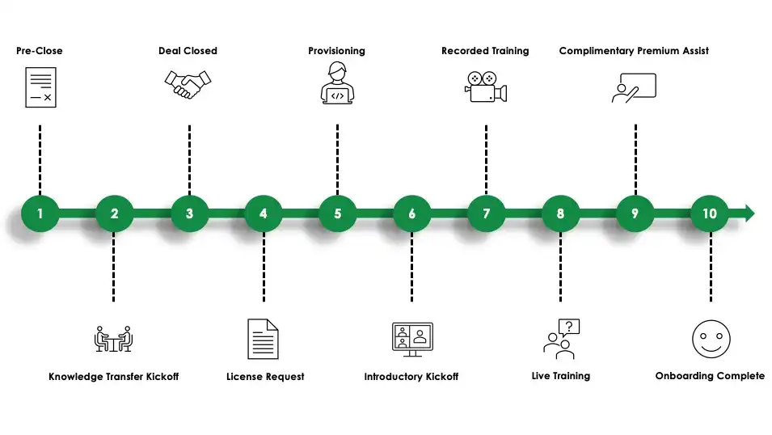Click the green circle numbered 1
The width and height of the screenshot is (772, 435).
point(40,214)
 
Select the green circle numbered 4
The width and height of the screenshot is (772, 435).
point(264,214)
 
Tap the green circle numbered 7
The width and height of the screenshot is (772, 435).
point(487,214)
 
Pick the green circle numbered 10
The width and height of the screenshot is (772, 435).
point(710,214)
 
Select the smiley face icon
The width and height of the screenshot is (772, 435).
point(711,339)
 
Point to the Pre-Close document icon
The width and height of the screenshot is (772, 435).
point(40,87)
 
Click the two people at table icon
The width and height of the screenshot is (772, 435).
point(113,338)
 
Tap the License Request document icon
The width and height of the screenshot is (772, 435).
point(263,339)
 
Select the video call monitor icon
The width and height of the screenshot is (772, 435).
point(411,339)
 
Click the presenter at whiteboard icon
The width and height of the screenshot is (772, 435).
point(634,87)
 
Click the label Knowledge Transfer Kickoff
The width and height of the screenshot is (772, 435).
point(113,377)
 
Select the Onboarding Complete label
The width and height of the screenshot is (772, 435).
point(709,376)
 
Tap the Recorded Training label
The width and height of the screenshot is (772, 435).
point(485,51)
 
